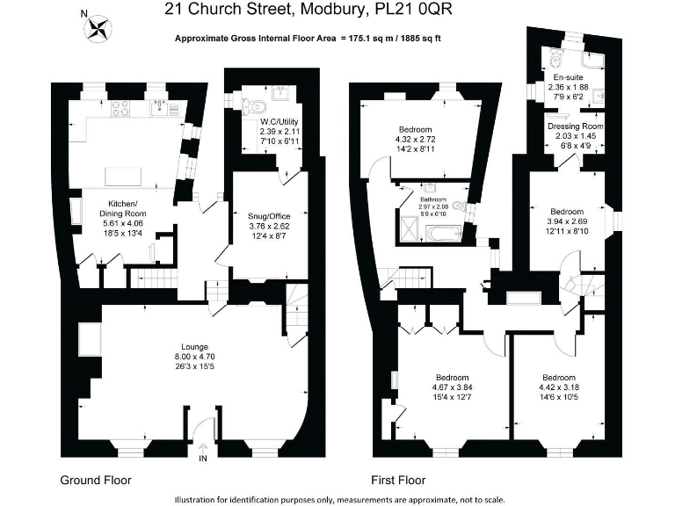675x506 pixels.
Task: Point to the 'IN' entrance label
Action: [x=204, y=458]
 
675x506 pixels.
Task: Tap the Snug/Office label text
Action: [x=270, y=215]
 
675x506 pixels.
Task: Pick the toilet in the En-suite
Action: [x=555, y=60]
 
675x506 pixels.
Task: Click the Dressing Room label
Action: [x=576, y=126]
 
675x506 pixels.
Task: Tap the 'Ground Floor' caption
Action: [x=95, y=481]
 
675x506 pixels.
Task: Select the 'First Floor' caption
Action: [x=398, y=481]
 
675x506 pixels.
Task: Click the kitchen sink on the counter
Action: [x=162, y=108]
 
